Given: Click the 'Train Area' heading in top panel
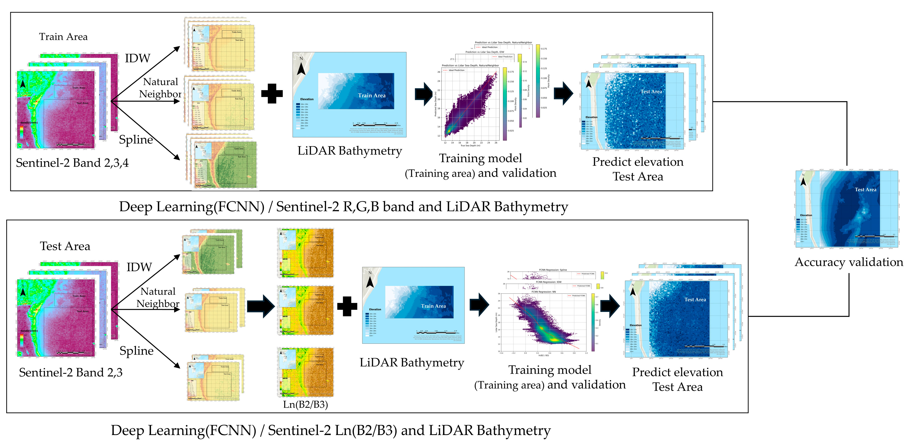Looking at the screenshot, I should coord(63,37).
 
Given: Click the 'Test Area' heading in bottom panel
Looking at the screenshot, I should coord(65,246).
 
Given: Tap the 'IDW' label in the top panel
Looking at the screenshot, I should coord(138,58).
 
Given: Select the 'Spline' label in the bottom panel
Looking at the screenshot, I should coord(137,351).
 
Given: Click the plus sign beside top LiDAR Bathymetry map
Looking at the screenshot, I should coord(272,93).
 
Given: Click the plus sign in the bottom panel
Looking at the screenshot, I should coord(347,306).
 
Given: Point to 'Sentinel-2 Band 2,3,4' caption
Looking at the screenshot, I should coord(72,163).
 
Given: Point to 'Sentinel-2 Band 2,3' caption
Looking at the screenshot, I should coord(71,372).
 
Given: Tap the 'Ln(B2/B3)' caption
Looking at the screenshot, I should coord(306,404).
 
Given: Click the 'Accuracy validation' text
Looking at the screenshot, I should coord(849,262).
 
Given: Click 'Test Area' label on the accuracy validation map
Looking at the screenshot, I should coord(865,189).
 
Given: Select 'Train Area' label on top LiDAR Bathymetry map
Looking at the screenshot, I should coord(372,95).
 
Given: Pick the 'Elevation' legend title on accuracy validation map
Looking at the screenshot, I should coord(806,215).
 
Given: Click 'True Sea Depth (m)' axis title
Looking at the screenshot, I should coord(470,145).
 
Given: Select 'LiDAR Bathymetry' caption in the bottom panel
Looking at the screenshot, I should coord(412,362).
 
